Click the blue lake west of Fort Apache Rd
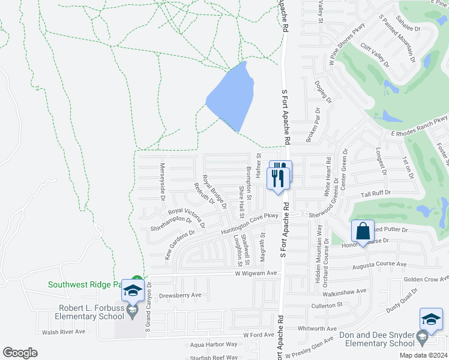[x=231, y=97]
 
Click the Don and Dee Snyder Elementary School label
[x=377, y=339]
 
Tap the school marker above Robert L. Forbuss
[x=132, y=291]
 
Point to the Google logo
[x=20, y=353]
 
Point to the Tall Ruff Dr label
[x=376, y=193]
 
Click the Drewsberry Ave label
[x=180, y=295]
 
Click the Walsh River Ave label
[x=64, y=331]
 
